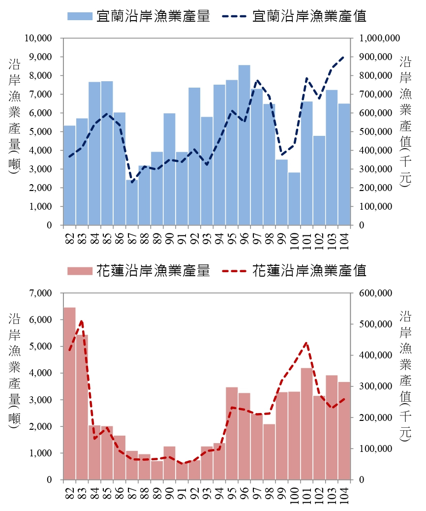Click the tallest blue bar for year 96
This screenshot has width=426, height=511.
pos(244,145)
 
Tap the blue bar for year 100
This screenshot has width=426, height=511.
pos(294,199)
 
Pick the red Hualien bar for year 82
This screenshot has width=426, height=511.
pos(69,394)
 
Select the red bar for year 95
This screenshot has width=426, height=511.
pos(232,433)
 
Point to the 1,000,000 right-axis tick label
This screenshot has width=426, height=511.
pos(380,38)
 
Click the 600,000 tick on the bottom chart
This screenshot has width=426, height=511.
pos(377,293)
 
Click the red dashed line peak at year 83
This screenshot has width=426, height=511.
pos(82,321)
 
